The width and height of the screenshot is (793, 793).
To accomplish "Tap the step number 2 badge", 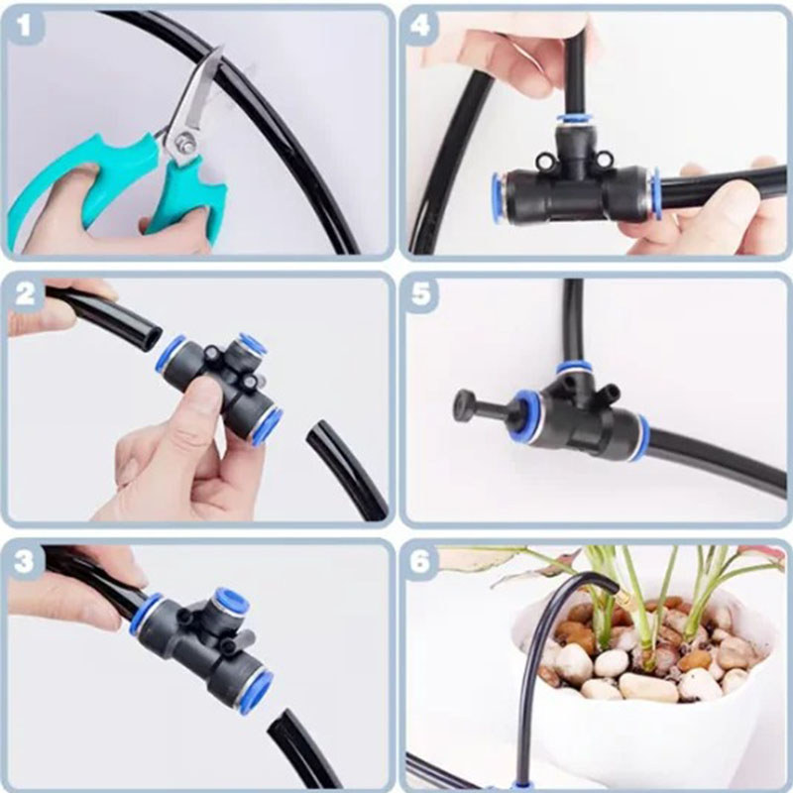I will pos(29,295).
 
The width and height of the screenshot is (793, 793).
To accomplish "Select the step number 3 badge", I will pos(29,561).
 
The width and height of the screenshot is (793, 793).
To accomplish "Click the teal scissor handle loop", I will pos(59,198).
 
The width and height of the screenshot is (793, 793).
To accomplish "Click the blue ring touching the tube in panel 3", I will pos(145,615).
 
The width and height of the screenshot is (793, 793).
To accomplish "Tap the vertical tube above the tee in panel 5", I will pos(573,317).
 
